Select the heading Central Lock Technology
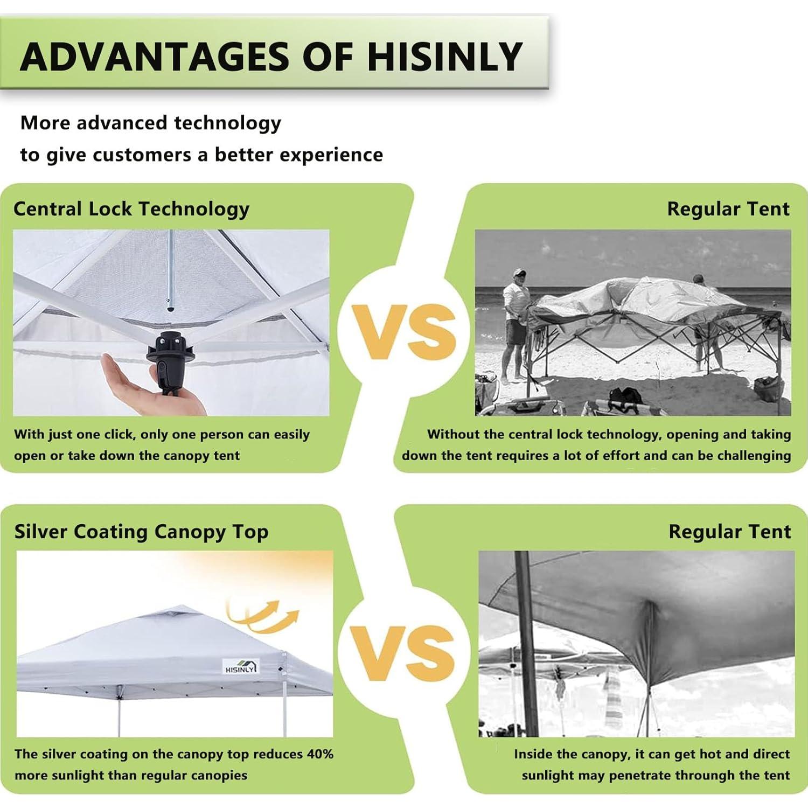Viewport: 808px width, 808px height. coord(131,209)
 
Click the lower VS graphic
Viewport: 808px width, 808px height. coord(403,653)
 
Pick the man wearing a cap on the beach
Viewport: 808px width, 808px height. coord(514,323)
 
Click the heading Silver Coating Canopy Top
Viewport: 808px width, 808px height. coord(141,532)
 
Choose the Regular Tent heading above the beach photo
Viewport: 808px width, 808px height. coord(728,209)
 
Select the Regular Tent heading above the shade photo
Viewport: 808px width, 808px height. coord(729,532)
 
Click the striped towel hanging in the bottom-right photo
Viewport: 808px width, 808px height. coord(613,700)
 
